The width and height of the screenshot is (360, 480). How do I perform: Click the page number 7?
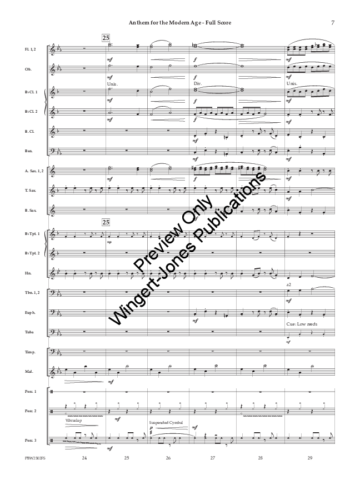[x=332, y=23]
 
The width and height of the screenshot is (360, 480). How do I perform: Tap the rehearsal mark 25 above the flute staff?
[x=106, y=38]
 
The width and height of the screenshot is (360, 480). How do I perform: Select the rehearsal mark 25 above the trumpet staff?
[x=106, y=222]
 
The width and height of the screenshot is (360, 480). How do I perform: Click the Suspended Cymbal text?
[x=168, y=422]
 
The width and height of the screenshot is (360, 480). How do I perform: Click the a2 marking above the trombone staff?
[x=289, y=284]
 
